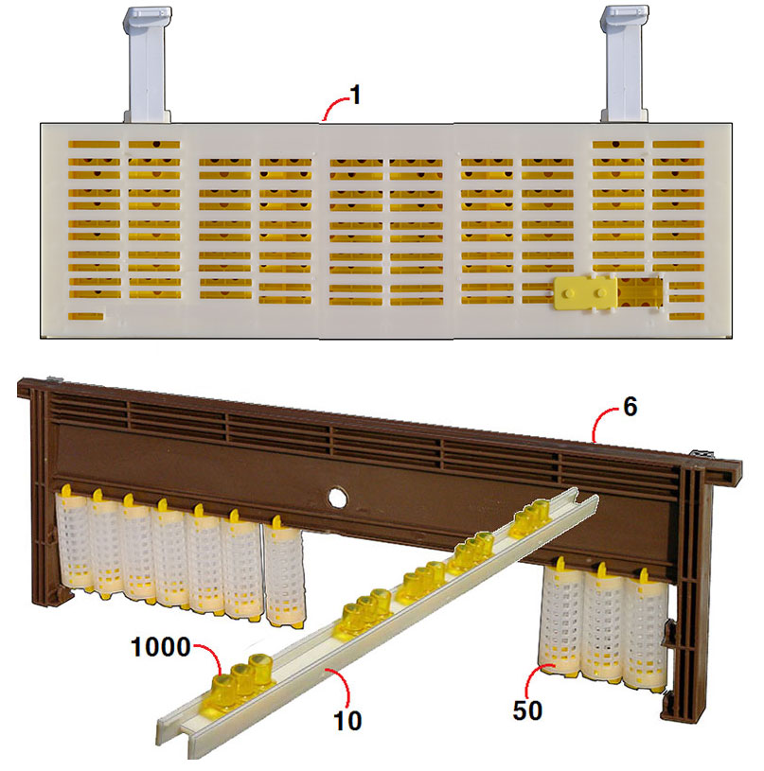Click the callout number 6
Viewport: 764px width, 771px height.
coord(631,410)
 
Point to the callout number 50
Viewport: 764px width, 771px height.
coord(529,709)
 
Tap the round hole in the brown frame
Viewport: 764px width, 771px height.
coord(335,497)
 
